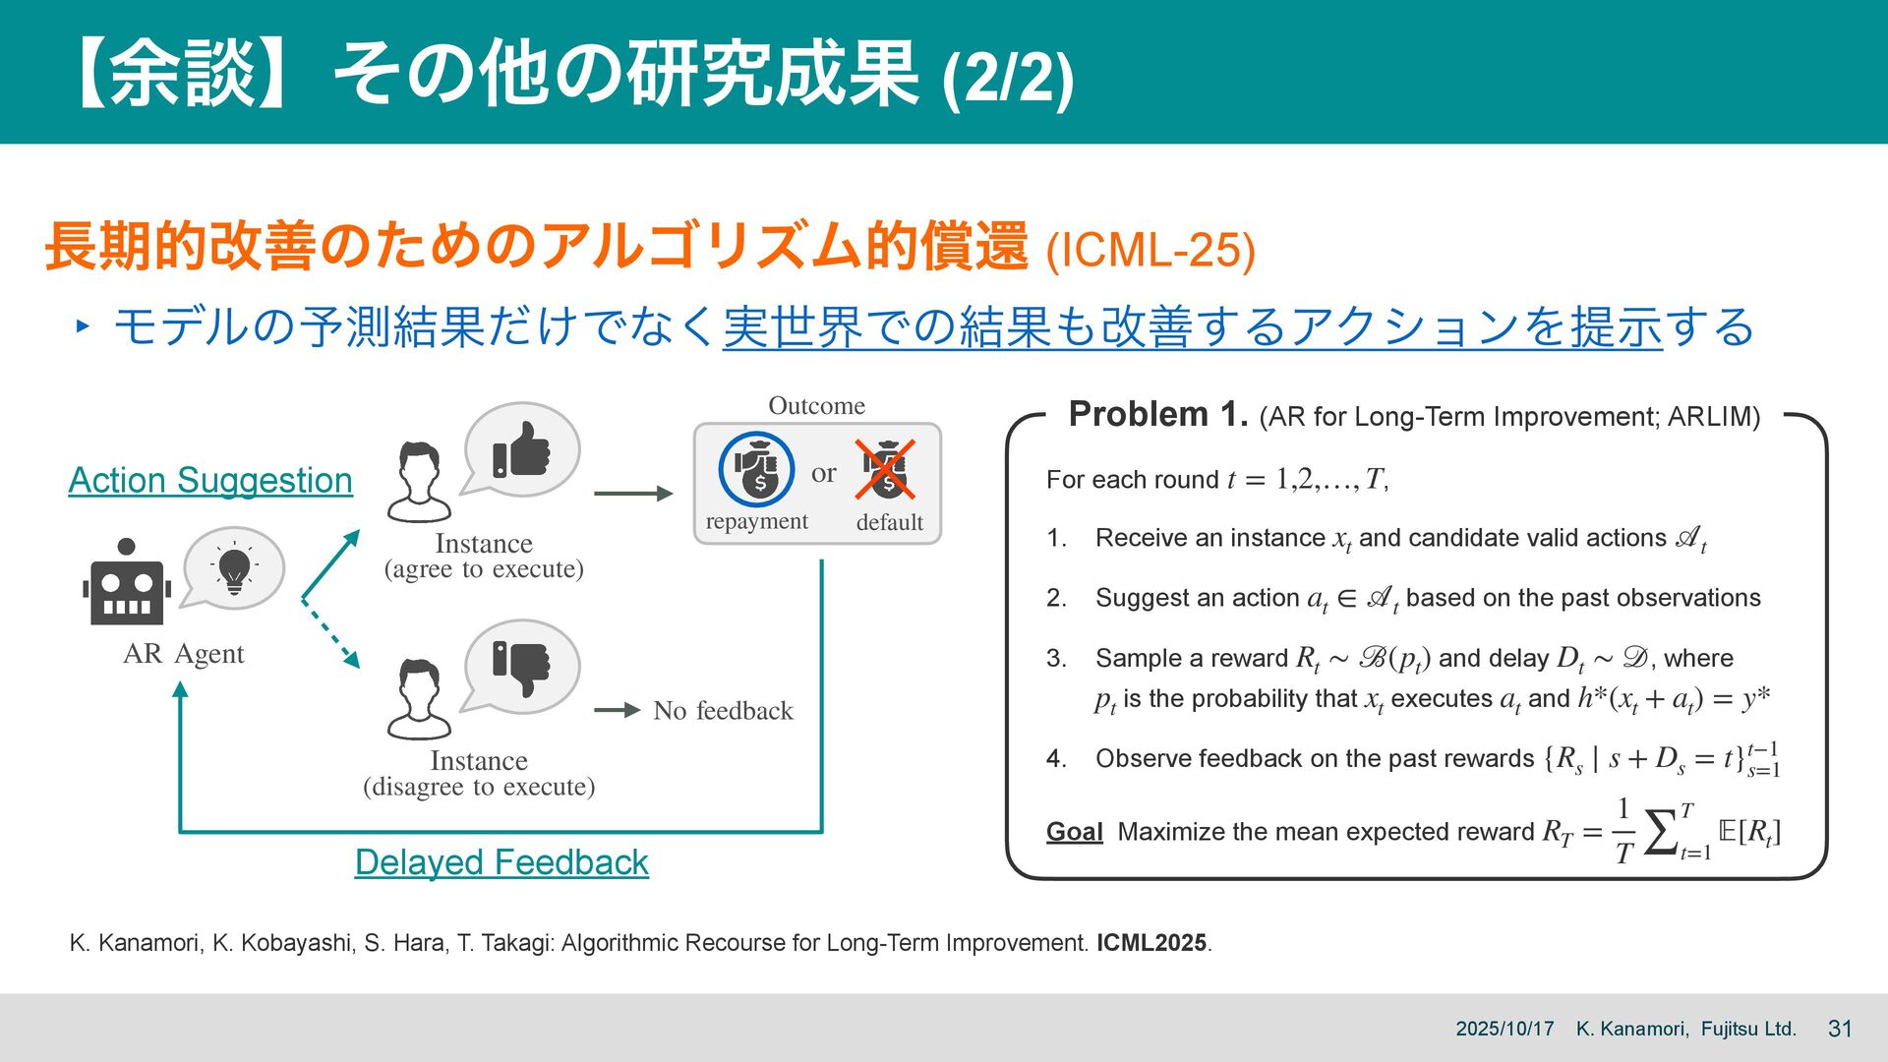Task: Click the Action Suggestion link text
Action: point(210,480)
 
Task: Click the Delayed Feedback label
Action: point(501,862)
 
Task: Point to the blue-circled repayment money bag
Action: point(755,469)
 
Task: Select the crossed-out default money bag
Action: point(887,470)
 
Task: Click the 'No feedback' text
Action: point(723,711)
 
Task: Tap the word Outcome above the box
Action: point(816,405)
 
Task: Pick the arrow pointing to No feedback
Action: point(618,710)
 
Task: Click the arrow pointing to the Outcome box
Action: point(633,493)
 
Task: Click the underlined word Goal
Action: point(1074,832)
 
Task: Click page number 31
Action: point(1840,1029)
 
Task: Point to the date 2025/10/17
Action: point(1504,1029)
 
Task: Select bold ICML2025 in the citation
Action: point(1151,943)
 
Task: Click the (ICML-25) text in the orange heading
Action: point(1150,251)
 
